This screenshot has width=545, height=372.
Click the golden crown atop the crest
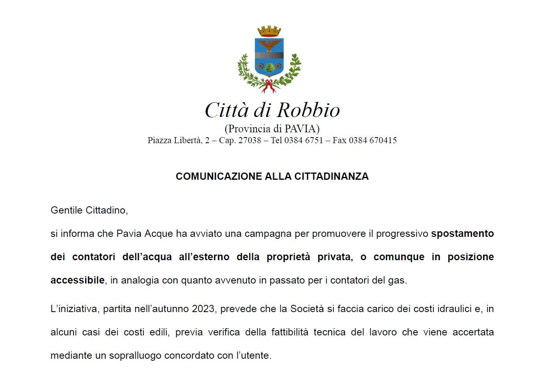click(269, 31)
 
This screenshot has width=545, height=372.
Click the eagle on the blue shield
click(269, 45)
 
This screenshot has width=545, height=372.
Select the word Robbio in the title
click(308, 110)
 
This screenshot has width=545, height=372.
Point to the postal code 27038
click(250, 140)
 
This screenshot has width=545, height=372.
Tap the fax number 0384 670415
click(373, 140)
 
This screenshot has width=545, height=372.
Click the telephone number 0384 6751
click(304, 140)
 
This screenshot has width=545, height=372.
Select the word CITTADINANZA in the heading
click(331, 177)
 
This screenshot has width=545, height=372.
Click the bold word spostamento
click(462, 234)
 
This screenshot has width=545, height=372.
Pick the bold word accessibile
click(78, 280)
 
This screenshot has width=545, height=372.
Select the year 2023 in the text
click(203, 309)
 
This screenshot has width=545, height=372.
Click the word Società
click(307, 309)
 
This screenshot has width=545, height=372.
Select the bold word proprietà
click(288, 257)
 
